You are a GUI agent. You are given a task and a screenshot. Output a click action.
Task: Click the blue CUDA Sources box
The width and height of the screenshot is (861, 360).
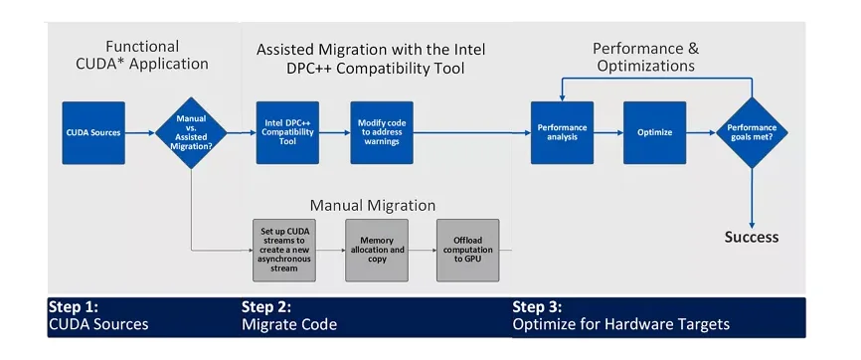[x=92, y=132]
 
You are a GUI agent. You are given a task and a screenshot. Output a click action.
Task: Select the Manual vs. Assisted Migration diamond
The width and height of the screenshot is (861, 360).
[x=191, y=132]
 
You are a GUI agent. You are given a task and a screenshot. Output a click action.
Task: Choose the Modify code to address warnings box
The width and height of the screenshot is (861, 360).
[x=380, y=132]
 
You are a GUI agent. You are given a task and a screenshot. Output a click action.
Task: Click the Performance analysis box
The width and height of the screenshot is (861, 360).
[x=562, y=132]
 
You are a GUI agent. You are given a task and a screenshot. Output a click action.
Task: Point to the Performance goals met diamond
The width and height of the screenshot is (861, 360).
[x=752, y=132]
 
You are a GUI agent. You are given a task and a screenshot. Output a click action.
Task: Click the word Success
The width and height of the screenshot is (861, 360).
[x=751, y=237]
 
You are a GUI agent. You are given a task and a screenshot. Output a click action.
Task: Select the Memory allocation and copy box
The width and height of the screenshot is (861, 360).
[x=375, y=248]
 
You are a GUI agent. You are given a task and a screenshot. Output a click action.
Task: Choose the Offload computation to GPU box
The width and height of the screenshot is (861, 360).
[x=467, y=248]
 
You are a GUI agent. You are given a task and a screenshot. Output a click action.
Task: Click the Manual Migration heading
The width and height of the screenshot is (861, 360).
[x=373, y=206]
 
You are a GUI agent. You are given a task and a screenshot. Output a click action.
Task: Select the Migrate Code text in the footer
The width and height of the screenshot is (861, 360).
[x=289, y=324]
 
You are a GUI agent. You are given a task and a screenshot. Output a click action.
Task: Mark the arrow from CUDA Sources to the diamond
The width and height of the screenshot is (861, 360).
[x=140, y=132]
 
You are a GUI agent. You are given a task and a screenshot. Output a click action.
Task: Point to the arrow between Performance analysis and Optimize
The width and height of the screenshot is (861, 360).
[x=607, y=132]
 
